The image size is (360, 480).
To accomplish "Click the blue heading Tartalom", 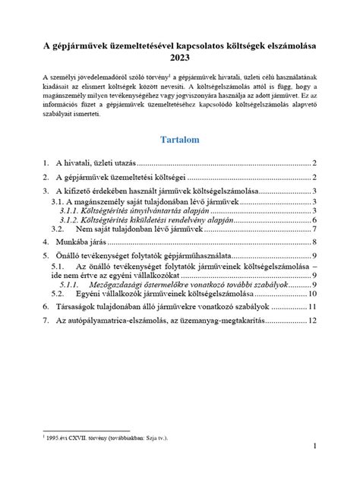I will pyautogui.click(x=180, y=140).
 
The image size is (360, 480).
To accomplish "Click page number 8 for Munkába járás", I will pyautogui.click(x=314, y=242).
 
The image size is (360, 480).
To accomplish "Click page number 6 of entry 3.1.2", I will pyautogui.click(x=314, y=220).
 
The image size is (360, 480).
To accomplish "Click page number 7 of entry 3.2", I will pyautogui.click(x=314, y=229).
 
